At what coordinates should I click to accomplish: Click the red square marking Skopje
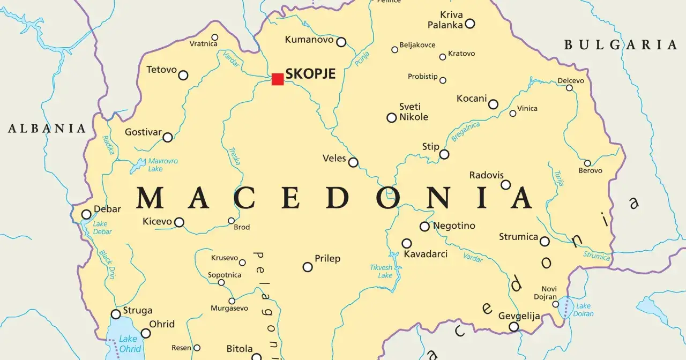click(277, 79)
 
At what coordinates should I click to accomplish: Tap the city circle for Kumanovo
click(341, 42)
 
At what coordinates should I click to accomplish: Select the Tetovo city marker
click(183, 75)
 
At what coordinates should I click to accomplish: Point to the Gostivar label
click(143, 132)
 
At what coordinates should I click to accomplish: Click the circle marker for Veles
click(353, 162)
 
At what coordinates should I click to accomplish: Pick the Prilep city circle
click(308, 267)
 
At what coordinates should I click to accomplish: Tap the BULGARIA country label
click(620, 45)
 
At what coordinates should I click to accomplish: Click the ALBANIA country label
click(47, 129)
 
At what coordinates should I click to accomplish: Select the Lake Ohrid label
click(128, 343)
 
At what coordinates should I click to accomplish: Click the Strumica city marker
click(545, 242)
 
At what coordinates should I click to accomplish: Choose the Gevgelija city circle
click(513, 327)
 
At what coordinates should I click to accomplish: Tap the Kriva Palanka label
click(445, 20)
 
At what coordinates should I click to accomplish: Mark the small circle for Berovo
click(587, 163)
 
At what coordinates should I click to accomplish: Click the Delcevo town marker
click(570, 88)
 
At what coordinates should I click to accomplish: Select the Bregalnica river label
click(465, 132)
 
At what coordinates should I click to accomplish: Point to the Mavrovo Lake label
click(162, 164)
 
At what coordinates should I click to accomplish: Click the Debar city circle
click(86, 215)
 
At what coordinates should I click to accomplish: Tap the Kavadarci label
click(426, 254)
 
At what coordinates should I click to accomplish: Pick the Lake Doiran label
click(583, 310)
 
